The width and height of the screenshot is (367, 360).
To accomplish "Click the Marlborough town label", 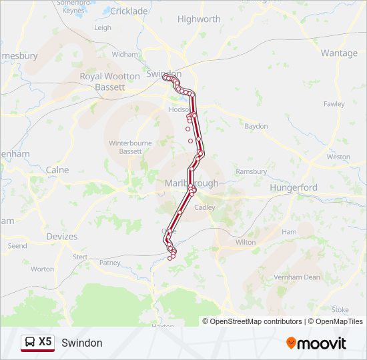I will pyautogui.click(x=190, y=183).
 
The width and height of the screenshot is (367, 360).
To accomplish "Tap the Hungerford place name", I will pyautogui.click(x=294, y=188).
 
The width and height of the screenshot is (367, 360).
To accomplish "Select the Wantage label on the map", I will pyautogui.click(x=339, y=53).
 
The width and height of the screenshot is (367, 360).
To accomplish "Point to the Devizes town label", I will pyautogui.click(x=62, y=237).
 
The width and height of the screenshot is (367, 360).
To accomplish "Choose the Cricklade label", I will pyautogui.click(x=129, y=11).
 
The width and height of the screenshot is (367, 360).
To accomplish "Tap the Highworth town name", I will pyautogui.click(x=199, y=19).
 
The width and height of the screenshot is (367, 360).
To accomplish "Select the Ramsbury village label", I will pyautogui.click(x=252, y=171).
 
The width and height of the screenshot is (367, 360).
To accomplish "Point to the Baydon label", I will pyautogui.click(x=256, y=126).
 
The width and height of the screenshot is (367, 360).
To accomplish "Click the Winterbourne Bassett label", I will pyautogui.click(x=125, y=147).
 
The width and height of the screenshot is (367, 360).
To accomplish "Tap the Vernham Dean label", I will pyautogui.click(x=297, y=277).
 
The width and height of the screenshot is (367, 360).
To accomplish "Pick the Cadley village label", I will pyautogui.click(x=204, y=207).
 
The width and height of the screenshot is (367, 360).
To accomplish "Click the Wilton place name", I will pyautogui.click(x=246, y=243).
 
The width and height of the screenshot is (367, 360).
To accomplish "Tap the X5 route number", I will pyautogui.click(x=45, y=342).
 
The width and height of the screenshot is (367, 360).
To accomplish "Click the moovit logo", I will pyautogui.click(x=316, y=343).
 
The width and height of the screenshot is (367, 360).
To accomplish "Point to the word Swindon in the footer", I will pyautogui.click(x=82, y=343).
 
